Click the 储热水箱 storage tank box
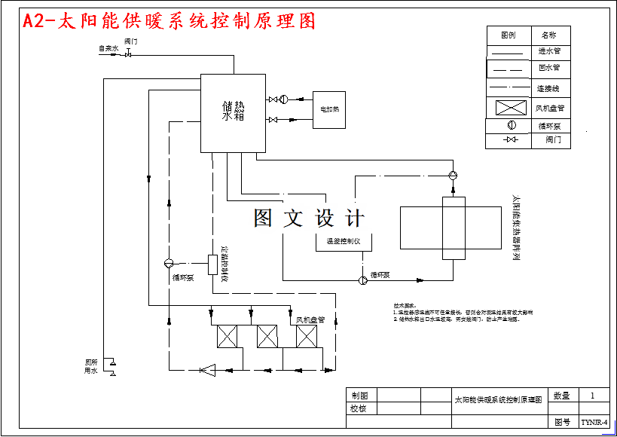point(232,112)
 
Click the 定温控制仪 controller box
point(212,264)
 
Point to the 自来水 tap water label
point(109,49)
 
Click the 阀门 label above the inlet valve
point(130,41)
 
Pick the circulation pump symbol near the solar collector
point(453,175)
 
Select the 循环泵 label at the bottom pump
point(380,274)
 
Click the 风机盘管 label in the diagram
point(310,319)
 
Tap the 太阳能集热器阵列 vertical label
point(516,226)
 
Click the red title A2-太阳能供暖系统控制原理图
point(169,21)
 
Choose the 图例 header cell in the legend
point(508,35)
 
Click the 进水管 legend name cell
point(549,51)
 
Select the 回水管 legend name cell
point(549,68)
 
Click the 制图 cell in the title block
point(359,395)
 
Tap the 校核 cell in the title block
point(359,408)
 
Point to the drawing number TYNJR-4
point(594,423)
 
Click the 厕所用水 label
point(91,366)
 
